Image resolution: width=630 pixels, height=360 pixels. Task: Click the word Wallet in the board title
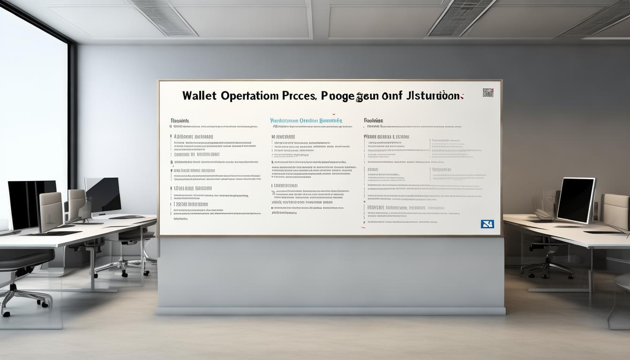tap(199, 96)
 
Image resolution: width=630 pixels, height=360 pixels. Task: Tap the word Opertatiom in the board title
tap(250, 96)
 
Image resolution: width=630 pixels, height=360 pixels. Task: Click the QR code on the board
tap(488, 92)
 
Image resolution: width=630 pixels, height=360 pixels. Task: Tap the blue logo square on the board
tap(487, 224)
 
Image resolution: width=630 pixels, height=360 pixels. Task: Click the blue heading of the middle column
tap(306, 120)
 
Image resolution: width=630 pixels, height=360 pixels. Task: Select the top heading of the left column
tap(180, 120)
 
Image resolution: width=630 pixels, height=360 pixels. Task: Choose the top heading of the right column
tap(373, 120)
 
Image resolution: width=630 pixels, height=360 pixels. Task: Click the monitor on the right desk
tap(576, 200)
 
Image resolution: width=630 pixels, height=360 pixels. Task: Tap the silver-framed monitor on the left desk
tap(103, 196)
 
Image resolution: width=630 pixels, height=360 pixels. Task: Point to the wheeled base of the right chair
tap(547, 269)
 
